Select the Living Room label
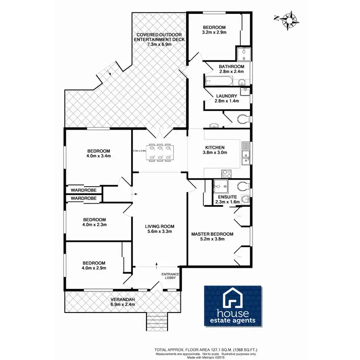click(x=160, y=226)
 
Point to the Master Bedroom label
click(x=212, y=234)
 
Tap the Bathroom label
click(x=231, y=66)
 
